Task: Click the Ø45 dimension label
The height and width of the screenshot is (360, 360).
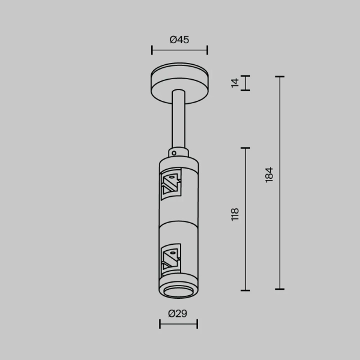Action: (x=179, y=40)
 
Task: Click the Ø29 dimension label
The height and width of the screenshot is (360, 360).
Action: (x=178, y=313)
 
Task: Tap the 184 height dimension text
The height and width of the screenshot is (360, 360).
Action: (x=269, y=175)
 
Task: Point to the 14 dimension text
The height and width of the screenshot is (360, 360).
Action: (x=235, y=83)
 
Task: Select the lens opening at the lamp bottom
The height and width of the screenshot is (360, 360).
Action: (x=178, y=292)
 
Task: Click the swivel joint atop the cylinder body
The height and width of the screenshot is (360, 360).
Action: (x=178, y=151)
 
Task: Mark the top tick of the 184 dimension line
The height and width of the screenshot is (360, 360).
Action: (x=279, y=77)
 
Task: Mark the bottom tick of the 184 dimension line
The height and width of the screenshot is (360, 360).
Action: (x=279, y=289)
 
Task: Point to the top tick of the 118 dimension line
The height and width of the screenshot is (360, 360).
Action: (x=245, y=148)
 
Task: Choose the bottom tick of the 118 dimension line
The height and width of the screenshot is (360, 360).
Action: (x=245, y=289)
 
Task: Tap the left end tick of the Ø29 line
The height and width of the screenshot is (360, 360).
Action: (x=160, y=324)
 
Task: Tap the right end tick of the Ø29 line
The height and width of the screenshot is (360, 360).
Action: (x=197, y=324)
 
